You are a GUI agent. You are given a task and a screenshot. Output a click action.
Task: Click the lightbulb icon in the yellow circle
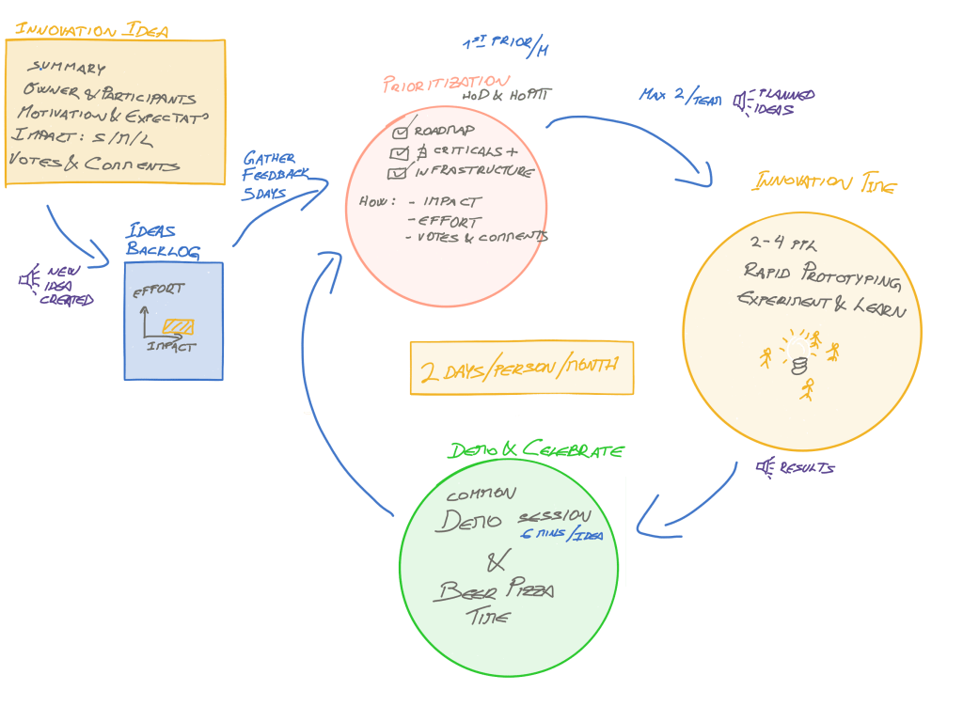pyautogui.click(x=798, y=356)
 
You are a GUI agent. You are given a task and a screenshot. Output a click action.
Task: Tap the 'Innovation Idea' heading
pyautogui.click(x=91, y=30)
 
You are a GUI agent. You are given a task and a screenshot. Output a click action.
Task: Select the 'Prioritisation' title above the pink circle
pyautogui.click(x=447, y=84)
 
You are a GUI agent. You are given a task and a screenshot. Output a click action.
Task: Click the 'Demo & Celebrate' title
pyautogui.click(x=535, y=450)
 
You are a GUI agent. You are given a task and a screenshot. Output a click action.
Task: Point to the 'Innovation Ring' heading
pyautogui.click(x=823, y=182)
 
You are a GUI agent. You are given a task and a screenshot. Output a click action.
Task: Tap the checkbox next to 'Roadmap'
pyautogui.click(x=402, y=131)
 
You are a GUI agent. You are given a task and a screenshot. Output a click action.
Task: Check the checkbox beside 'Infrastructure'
pyautogui.click(x=398, y=173)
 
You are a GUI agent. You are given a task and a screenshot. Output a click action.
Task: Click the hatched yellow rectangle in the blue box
pyautogui.click(x=178, y=326)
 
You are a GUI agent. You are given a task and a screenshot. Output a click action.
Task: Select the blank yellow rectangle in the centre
pyautogui.click(x=522, y=368)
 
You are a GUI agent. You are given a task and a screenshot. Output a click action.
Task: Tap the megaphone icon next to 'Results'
pyautogui.click(x=766, y=465)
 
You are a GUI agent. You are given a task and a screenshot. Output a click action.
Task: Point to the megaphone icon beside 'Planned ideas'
pyautogui.click(x=742, y=100)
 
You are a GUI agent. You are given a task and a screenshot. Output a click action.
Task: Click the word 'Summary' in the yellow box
pyautogui.click(x=66, y=68)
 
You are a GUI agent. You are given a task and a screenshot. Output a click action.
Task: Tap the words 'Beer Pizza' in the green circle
pyautogui.click(x=494, y=591)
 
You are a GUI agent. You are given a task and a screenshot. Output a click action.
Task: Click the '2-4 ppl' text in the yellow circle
pyautogui.click(x=784, y=243)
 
